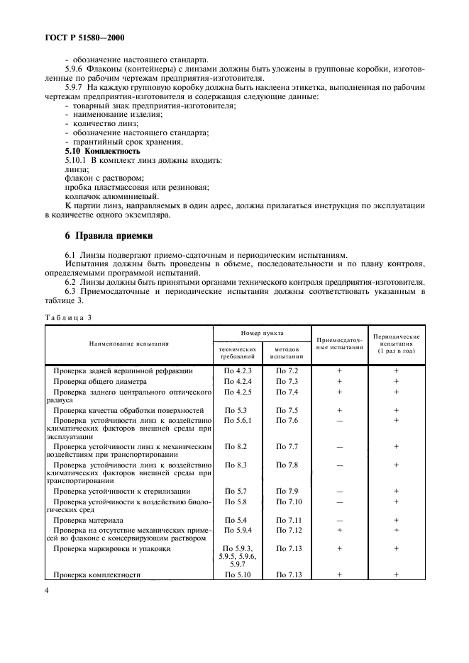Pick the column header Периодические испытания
[396, 344]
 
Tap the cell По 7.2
[287, 370]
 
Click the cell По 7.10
[288, 501]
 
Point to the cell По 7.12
[288, 530]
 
